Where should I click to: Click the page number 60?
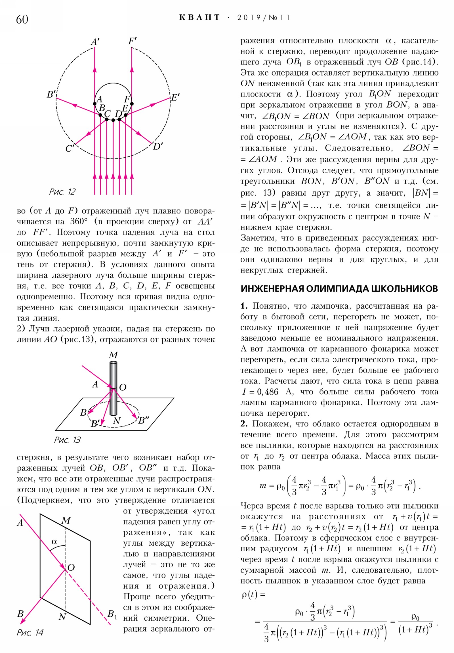pyautogui.click(x=22, y=20)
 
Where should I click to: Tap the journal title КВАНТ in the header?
pyautogui.click(x=199, y=18)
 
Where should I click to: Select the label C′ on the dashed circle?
pyautogui.click(x=70, y=148)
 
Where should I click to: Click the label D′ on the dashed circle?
pyautogui.click(x=158, y=146)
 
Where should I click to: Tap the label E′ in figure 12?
pyautogui.click(x=175, y=98)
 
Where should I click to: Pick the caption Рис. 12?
pyautogui.click(x=62, y=192)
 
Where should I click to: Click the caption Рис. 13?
pyautogui.click(x=67, y=440)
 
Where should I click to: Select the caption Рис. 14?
pyautogui.click(x=30, y=633)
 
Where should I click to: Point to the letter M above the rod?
pyautogui.click(x=113, y=355)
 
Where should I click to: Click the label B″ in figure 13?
pyautogui.click(x=144, y=420)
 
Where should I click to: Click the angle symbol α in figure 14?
pyautogui.click(x=54, y=542)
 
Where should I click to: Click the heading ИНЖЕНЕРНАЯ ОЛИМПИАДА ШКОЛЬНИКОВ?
pyautogui.click(x=339, y=289)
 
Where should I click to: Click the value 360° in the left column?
pyautogui.click(x=79, y=221)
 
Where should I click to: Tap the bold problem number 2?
pyautogui.click(x=244, y=424)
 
